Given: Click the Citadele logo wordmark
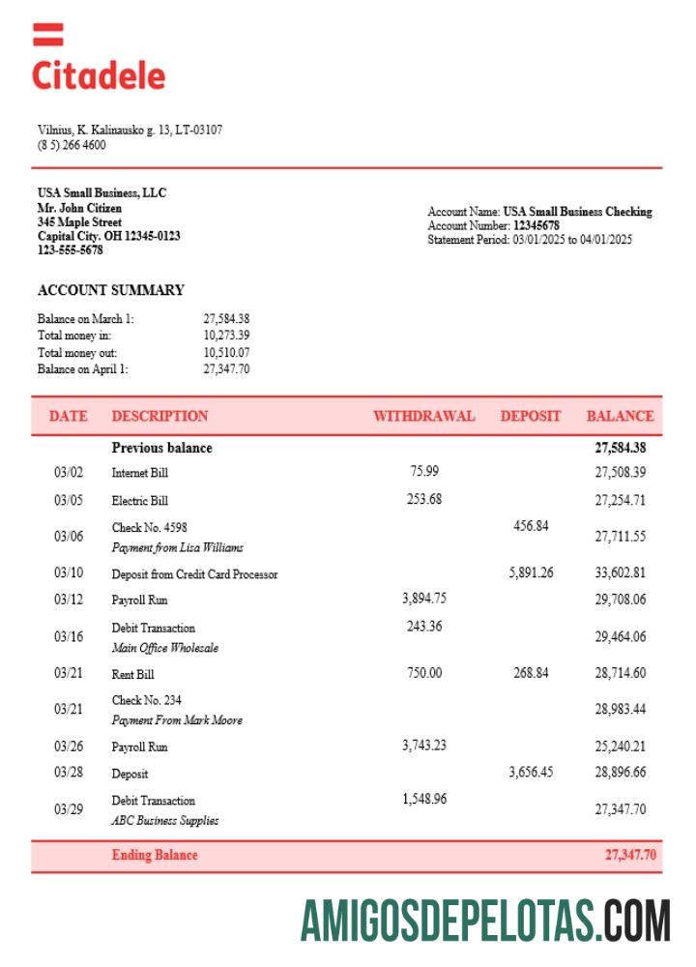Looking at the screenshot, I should pyautogui.click(x=99, y=74).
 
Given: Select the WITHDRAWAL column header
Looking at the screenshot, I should pyautogui.click(x=423, y=416).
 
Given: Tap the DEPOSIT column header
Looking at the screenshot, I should pyautogui.click(x=530, y=416).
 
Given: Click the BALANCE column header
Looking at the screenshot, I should pyautogui.click(x=620, y=416).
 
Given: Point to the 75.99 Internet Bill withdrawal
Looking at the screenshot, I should pyautogui.click(x=423, y=471).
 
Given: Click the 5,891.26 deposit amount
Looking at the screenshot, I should pyautogui.click(x=531, y=572).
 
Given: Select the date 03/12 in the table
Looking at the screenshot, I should pyautogui.click(x=69, y=599).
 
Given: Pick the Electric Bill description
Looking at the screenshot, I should pyautogui.click(x=139, y=501).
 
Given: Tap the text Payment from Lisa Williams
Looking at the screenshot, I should pyautogui.click(x=177, y=547).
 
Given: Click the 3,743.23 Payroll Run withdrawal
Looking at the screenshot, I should pyautogui.click(x=423, y=745).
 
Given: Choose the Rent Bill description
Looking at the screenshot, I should pyautogui.click(x=132, y=674).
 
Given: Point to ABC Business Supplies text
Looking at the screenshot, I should pyautogui.click(x=164, y=820).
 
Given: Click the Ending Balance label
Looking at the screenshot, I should pyautogui.click(x=154, y=855).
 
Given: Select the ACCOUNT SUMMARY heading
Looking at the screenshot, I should pyautogui.click(x=110, y=290).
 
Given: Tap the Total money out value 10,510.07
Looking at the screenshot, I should pyautogui.click(x=226, y=353).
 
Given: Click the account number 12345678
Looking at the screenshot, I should pyautogui.click(x=536, y=225).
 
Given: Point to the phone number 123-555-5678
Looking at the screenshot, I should pyautogui.click(x=70, y=249).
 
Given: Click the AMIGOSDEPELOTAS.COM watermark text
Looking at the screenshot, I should pyautogui.click(x=484, y=920).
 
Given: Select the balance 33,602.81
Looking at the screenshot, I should pyautogui.click(x=620, y=572).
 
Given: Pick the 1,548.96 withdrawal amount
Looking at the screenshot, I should pyautogui.click(x=423, y=799).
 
